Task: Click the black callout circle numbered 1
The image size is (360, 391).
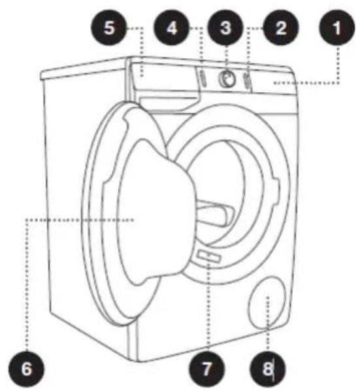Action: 337,27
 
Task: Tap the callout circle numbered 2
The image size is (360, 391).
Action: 281,27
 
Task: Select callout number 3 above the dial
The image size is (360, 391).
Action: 225,27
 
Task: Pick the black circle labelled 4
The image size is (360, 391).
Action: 172,27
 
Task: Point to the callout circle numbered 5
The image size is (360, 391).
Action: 109,27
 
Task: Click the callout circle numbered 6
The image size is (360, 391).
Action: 26,369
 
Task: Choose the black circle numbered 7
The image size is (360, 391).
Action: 206,369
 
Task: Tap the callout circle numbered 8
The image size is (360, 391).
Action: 268,369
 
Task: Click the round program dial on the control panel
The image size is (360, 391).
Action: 227,79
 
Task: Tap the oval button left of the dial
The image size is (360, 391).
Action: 203,78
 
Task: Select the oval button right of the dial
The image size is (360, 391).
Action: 247,80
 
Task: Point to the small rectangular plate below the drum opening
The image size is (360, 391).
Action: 209,256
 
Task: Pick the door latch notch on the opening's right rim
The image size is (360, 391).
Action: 276,190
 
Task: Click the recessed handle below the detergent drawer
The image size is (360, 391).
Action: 169,102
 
